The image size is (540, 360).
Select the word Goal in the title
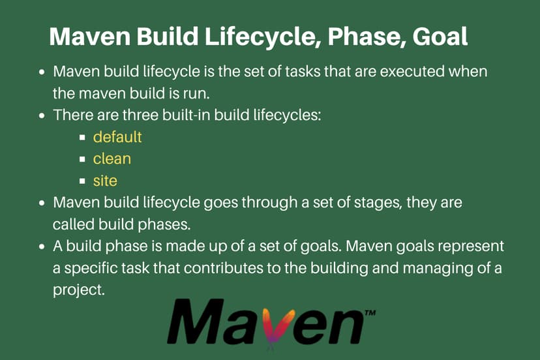pos(440,37)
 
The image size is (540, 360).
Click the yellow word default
pos(117,138)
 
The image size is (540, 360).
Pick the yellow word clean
pos(112,158)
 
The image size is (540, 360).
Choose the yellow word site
pos(105,179)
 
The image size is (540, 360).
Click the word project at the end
pos(78,290)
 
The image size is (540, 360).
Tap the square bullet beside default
pos(83,138)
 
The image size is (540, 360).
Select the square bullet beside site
pos(83,180)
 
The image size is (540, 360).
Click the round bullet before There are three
pos(42,115)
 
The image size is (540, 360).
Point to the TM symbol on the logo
pos(369,313)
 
